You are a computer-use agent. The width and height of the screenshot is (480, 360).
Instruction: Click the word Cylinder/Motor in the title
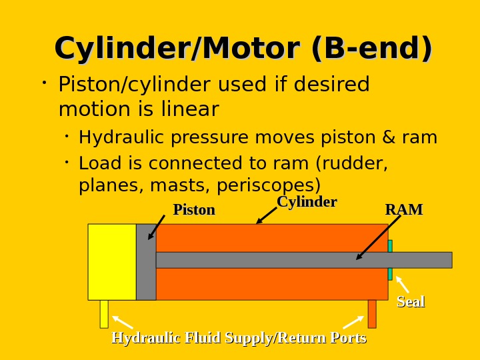(177, 49)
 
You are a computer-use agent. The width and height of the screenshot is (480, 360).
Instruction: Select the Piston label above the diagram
(194, 210)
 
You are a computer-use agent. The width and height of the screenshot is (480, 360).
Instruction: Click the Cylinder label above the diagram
(307, 202)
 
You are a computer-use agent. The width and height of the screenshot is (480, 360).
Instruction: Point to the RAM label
(403, 210)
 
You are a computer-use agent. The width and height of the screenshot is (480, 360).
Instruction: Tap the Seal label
(411, 302)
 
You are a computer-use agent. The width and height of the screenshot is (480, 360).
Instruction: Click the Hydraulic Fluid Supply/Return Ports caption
(239, 338)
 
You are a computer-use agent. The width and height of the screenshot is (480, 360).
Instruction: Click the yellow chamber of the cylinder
(112, 261)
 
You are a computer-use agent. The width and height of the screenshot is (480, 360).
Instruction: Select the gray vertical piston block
(146, 261)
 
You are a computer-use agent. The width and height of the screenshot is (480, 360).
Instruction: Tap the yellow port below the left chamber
(104, 313)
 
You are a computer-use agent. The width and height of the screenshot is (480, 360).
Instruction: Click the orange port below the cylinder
(372, 313)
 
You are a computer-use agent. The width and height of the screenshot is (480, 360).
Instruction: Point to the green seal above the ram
(390, 246)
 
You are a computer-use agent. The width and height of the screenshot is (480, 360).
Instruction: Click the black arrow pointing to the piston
(157, 227)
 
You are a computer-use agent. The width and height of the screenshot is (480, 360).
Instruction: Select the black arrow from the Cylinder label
(267, 215)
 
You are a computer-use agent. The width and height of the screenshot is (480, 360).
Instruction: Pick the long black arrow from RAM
(379, 237)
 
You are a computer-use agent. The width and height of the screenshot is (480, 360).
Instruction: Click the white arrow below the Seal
(403, 285)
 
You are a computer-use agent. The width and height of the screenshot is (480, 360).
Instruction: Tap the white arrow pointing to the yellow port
(123, 322)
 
